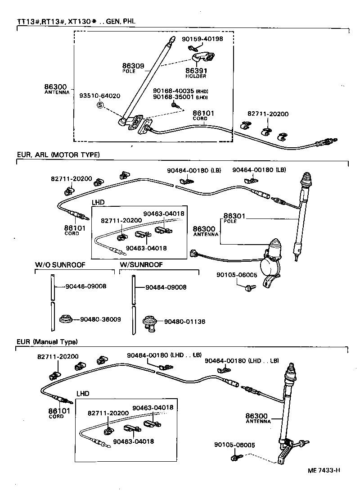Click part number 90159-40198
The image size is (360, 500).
[x=202, y=39]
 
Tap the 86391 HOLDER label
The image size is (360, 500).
[x=196, y=73]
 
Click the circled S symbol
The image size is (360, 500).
[x=100, y=105]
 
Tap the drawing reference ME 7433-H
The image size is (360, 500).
[x=324, y=470]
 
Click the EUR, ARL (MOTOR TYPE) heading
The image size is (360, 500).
[x=58, y=155]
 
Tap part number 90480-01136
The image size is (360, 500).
[x=184, y=322]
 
